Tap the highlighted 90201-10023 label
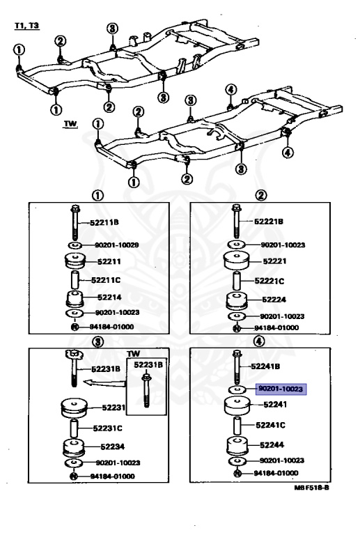click(281, 390)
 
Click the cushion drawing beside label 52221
click(238, 264)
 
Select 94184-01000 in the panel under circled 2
click(275, 327)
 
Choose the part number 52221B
click(269, 222)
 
